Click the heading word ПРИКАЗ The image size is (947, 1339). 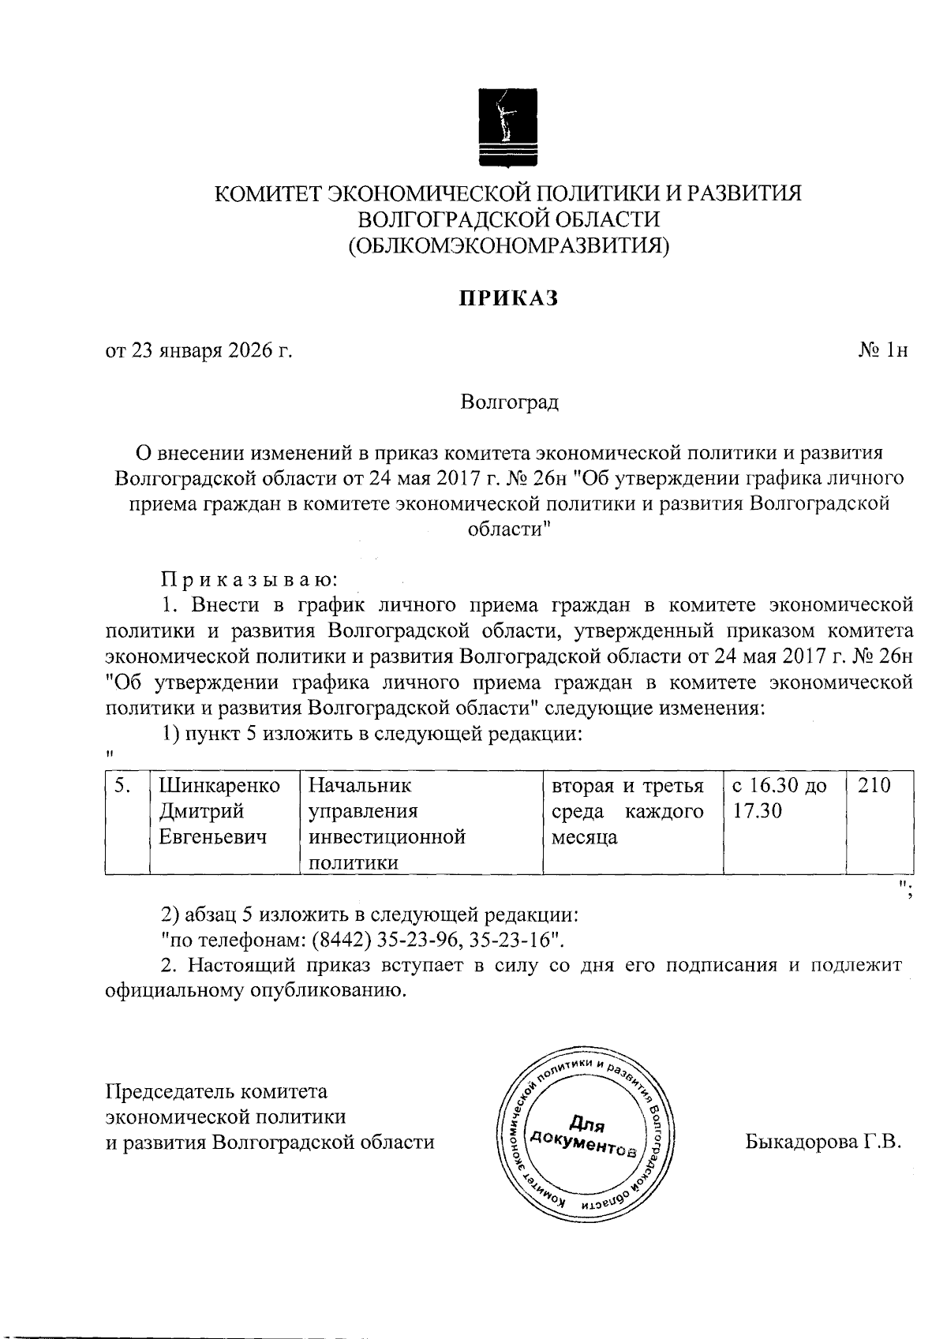coord(509,299)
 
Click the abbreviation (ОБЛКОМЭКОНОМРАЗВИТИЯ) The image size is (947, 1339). coord(509,246)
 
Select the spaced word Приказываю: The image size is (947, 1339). coord(249,580)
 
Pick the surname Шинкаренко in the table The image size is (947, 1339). coord(219,786)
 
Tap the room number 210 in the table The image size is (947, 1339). coord(873,786)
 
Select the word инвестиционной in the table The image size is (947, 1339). coord(386,836)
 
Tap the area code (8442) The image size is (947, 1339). coord(340,941)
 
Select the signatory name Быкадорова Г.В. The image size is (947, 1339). coord(822,1142)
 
